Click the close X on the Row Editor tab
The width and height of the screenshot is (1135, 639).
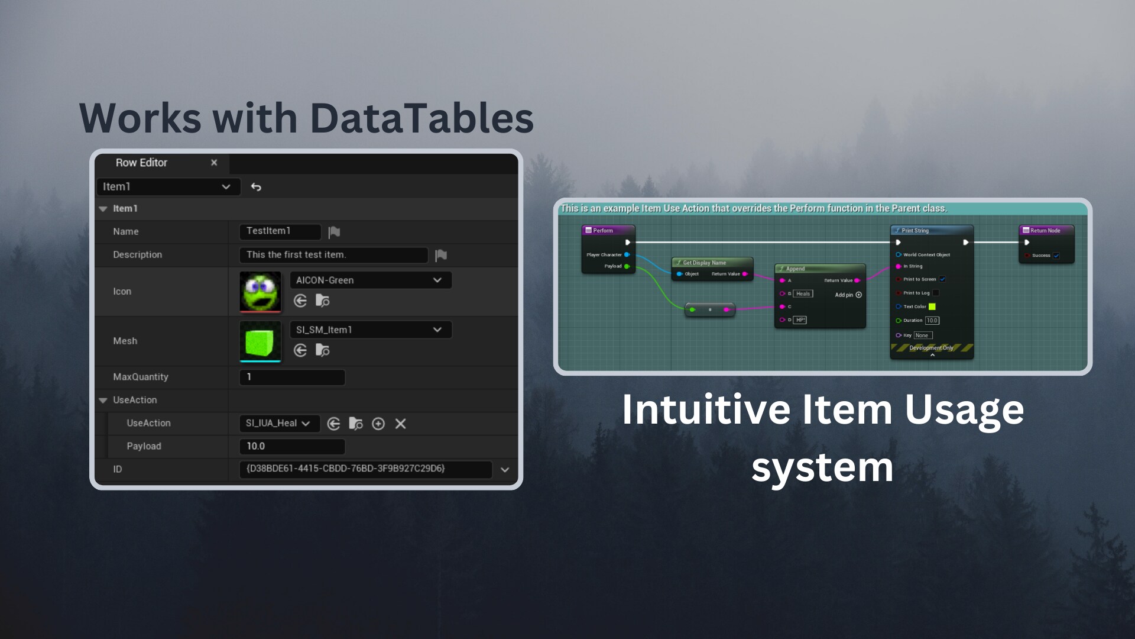coord(214,163)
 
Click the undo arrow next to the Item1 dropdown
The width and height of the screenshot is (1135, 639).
coord(256,187)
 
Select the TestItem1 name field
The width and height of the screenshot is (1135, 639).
coord(280,231)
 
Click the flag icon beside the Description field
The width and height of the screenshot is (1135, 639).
coord(441,255)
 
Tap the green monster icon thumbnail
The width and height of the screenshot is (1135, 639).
coord(260,291)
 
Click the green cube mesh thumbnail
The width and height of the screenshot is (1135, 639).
coord(260,341)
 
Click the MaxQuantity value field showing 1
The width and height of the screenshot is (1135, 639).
coord(292,377)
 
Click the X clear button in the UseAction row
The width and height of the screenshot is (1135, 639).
coord(400,424)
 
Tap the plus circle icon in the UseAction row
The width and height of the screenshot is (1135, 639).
coord(378,424)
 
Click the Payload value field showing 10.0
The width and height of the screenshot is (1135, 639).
coord(292,446)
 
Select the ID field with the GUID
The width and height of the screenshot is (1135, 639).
coord(365,469)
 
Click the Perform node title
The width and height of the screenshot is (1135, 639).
coord(603,231)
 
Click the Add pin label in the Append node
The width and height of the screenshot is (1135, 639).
coord(844,295)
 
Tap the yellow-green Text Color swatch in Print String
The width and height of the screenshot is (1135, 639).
coord(932,306)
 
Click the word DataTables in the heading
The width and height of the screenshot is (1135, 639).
coord(421,118)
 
